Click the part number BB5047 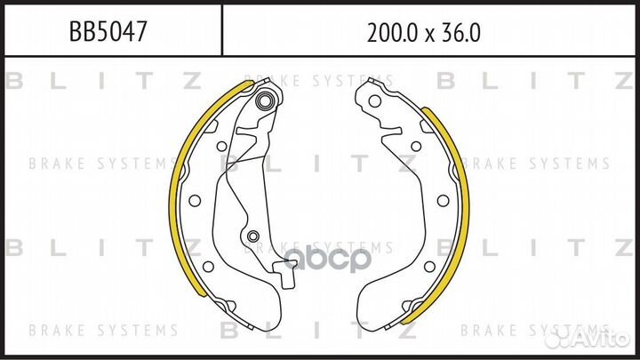pyautogui.click(x=108, y=33)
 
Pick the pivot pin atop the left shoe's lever pyautogui.click(x=265, y=100)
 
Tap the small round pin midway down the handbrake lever pyautogui.click(x=253, y=236)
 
